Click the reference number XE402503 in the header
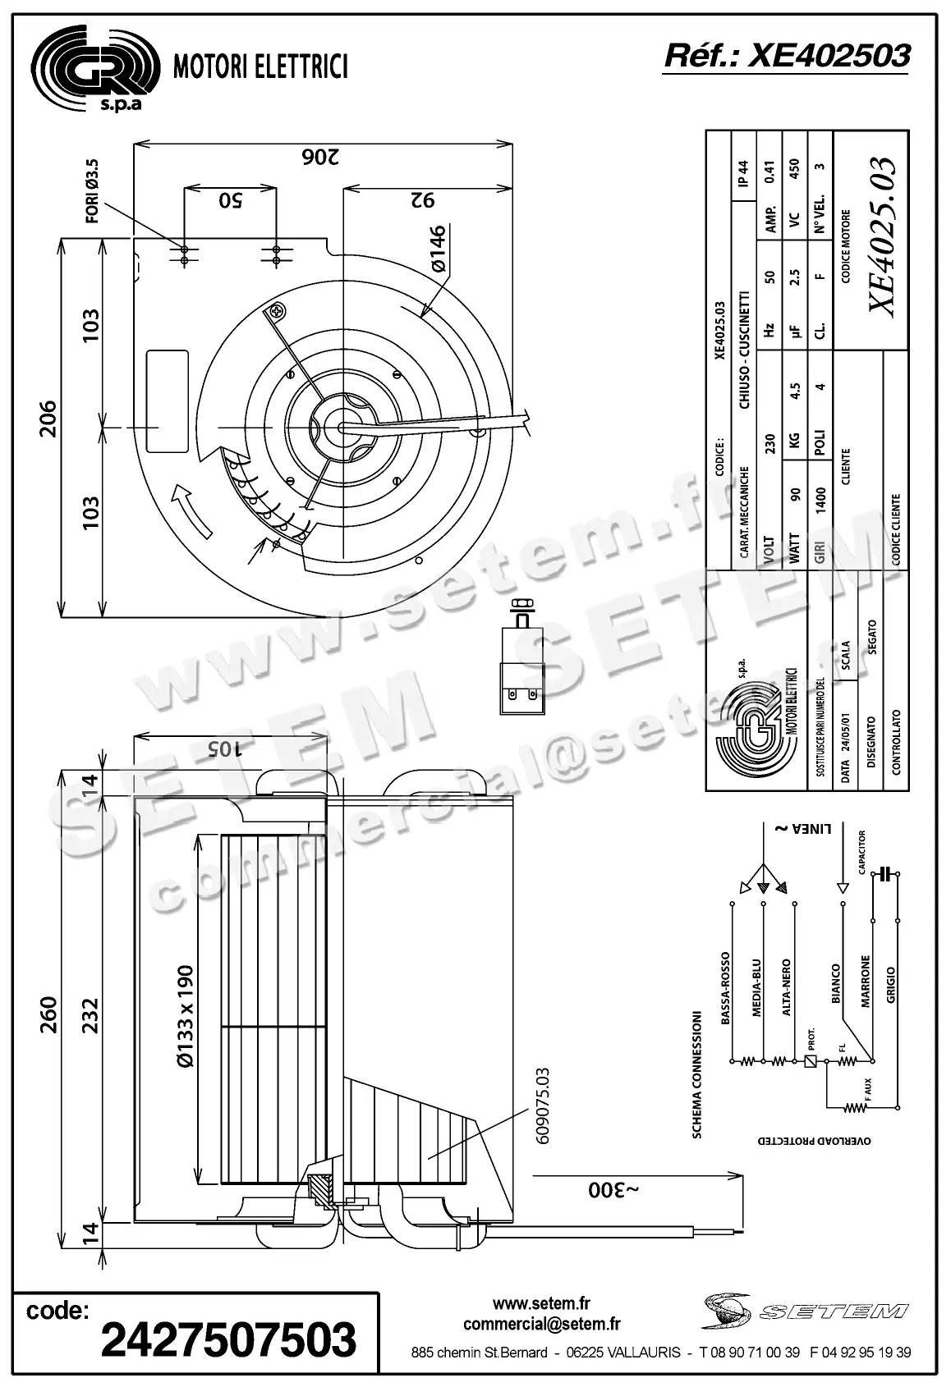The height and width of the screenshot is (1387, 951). [786, 55]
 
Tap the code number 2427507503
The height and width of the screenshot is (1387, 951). [228, 1339]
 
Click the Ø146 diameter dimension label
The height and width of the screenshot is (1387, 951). [437, 249]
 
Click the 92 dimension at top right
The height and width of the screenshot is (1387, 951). [421, 199]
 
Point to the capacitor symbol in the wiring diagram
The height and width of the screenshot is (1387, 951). [884, 874]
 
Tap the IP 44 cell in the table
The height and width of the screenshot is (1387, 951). [743, 172]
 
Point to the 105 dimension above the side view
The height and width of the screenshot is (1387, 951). [223, 748]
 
